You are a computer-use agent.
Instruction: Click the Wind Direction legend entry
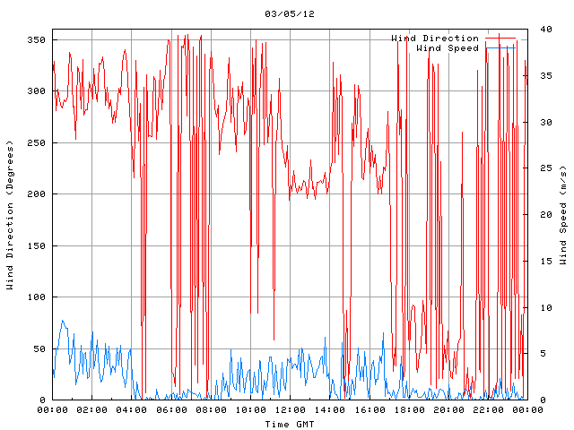coord(435,39)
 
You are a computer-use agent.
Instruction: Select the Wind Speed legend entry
coord(448,48)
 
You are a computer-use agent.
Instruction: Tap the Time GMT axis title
coord(289,424)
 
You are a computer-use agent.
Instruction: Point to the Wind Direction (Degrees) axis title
coord(10,215)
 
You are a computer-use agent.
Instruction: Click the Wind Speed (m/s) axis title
coord(563,215)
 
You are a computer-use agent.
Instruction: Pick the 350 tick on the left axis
coord(36,40)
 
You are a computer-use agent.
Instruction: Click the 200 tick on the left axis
coord(36,194)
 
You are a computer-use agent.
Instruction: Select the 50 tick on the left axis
coord(39,348)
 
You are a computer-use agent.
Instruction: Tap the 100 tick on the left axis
coord(36,297)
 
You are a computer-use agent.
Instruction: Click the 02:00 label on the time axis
coord(92,410)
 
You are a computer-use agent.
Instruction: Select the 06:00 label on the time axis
coord(171,410)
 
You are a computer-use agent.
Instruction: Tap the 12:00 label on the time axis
coord(290,410)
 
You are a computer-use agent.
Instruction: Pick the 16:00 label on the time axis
coord(369,410)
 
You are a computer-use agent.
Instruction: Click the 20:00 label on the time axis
coord(448,410)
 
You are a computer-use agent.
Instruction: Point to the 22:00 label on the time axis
coord(487,410)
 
